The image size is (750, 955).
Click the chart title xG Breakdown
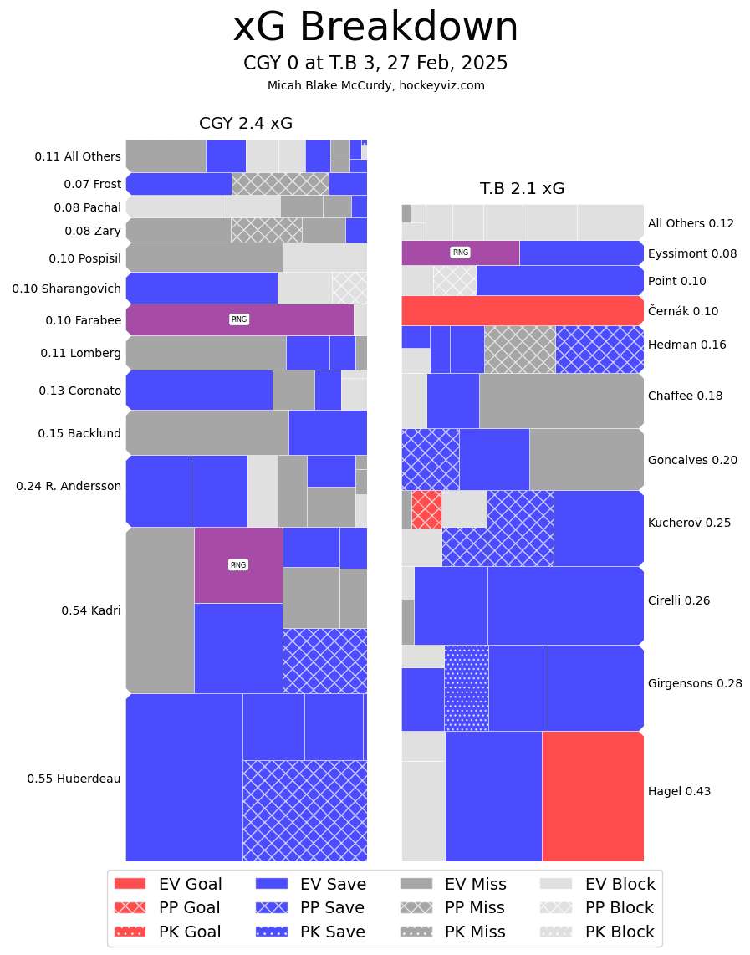click(375, 28)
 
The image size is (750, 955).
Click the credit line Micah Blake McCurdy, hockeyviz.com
click(375, 85)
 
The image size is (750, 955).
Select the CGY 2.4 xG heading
click(246, 124)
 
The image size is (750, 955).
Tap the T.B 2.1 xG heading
click(522, 189)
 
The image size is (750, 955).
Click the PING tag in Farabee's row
click(239, 319)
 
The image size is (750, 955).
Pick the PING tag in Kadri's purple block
click(238, 565)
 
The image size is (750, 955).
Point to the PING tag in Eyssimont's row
click(460, 253)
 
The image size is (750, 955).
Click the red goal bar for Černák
click(522, 310)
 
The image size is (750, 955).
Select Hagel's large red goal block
click(592, 795)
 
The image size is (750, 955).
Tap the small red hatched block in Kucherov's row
click(426, 509)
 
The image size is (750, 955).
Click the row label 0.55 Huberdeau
click(74, 779)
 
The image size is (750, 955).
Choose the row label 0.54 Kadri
click(90, 610)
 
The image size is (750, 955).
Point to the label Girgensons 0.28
click(694, 683)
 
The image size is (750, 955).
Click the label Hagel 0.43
click(679, 791)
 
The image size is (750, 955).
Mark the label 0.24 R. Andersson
click(69, 486)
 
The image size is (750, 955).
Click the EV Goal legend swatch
click(130, 884)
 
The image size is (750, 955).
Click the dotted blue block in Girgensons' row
click(467, 687)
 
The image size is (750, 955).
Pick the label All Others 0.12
click(690, 223)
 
